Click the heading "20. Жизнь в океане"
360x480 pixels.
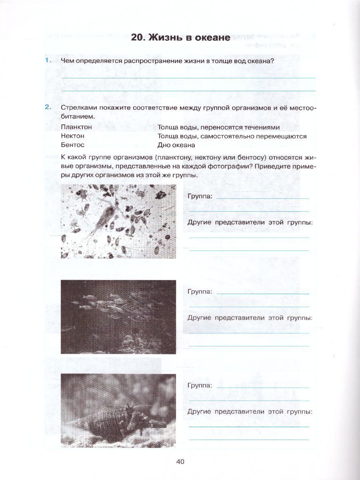180,38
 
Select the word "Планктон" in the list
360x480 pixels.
76,127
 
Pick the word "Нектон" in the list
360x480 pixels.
73,136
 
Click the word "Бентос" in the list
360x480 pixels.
73,145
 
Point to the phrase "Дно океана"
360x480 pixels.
176,145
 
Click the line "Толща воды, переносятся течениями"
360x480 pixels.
218,127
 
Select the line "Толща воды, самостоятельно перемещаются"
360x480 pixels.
232,136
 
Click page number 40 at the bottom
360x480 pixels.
180,462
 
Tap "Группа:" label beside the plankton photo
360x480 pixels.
200,196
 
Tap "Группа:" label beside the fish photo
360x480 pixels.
200,292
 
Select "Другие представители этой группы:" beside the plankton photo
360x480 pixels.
250,222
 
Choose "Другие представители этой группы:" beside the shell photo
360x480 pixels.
250,411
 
